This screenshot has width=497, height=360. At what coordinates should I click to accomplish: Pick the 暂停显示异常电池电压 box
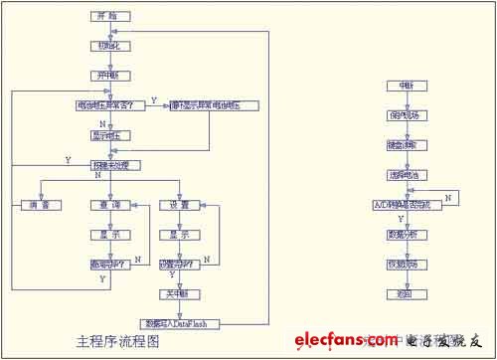215,105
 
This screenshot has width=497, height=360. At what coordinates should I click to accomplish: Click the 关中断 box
180,294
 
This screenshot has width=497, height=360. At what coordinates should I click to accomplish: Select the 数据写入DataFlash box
180,323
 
